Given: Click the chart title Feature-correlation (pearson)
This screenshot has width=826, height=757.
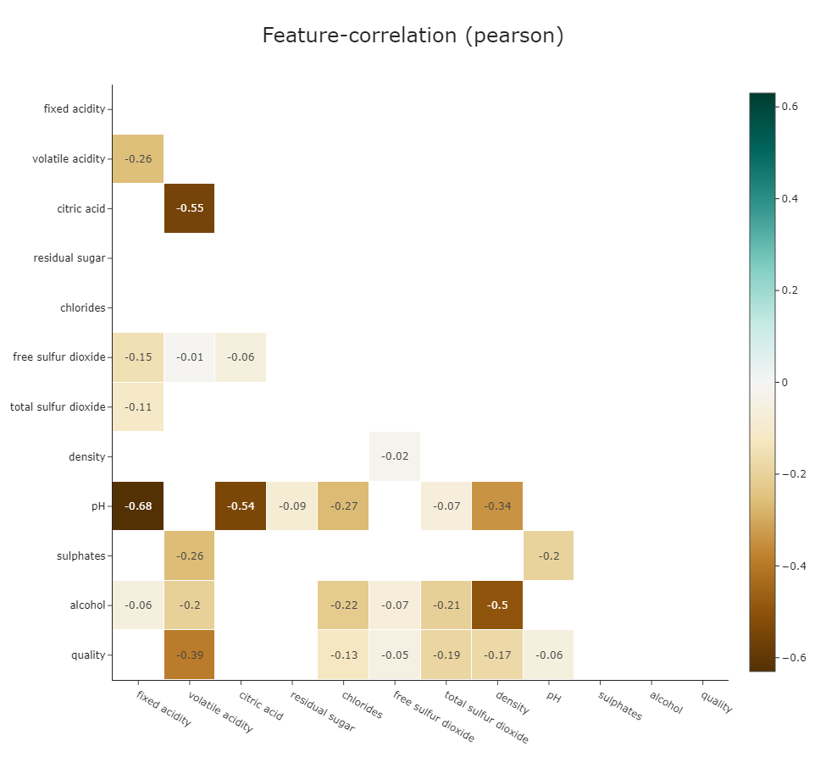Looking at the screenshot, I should [x=413, y=36].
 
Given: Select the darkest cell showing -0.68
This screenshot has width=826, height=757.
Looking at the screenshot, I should [x=138, y=506].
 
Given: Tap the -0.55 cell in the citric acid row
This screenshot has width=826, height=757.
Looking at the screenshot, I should [x=189, y=208].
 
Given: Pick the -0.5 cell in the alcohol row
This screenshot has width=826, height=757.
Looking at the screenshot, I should [x=497, y=605].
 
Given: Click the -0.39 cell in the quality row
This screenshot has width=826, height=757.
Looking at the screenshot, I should [x=189, y=655].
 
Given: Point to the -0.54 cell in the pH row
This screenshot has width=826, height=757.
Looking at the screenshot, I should [x=241, y=506].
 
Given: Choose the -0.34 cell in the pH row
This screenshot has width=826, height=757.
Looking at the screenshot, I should [x=497, y=506].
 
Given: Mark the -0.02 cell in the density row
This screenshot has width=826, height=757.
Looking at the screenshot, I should [x=395, y=456].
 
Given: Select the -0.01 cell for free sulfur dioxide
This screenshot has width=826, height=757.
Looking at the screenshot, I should [x=189, y=357].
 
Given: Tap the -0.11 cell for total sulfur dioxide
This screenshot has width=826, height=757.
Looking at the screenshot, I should [x=138, y=406].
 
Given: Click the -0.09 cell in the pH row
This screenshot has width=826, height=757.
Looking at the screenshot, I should [x=291, y=506].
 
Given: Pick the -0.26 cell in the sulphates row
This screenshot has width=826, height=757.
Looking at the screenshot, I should [x=189, y=555].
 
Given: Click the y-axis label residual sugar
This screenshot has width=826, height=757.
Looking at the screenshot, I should [x=69, y=258].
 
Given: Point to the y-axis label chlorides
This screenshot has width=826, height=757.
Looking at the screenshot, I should [x=82, y=307].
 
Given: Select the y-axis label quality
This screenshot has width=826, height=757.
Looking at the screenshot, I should [x=88, y=655].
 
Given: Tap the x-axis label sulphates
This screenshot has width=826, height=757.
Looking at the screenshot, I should [x=621, y=705].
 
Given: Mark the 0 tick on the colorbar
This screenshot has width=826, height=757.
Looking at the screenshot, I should [x=784, y=383].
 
